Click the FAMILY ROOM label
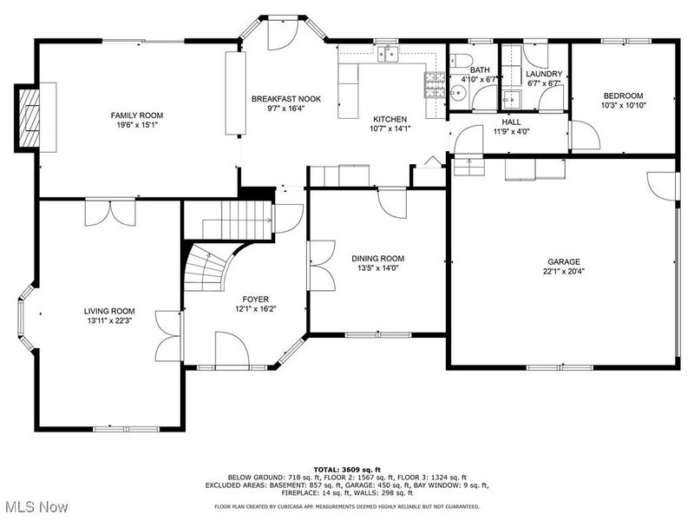tap(136, 115)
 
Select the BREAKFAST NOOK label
tap(285, 99)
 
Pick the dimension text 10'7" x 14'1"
tap(390, 129)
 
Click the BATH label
tap(480, 69)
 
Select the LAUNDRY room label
tap(544, 74)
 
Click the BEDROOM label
tap(623, 96)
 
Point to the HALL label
tap(511, 122)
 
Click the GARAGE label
tap(563, 261)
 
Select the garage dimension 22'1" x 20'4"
tap(563, 271)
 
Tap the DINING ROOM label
tap(377, 258)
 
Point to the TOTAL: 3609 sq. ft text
tap(347, 469)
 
